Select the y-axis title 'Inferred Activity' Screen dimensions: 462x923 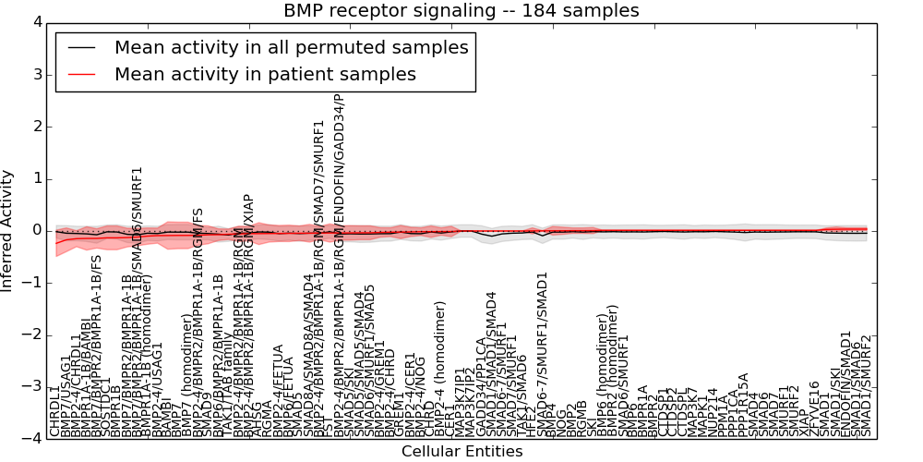8,230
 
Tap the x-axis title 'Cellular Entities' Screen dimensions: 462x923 461,452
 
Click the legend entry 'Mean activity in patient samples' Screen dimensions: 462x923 265,74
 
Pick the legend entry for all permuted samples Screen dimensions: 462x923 291,48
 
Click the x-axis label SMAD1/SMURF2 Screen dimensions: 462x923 866,386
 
